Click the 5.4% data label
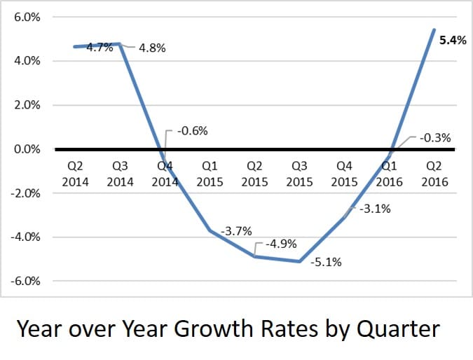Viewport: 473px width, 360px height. pyautogui.click(x=452, y=41)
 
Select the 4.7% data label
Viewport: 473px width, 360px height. pyautogui.click(x=100, y=48)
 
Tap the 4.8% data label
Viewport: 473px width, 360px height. pyautogui.click(x=153, y=50)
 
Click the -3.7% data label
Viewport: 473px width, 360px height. pyautogui.click(x=236, y=230)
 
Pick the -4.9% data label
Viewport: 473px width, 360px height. pyautogui.click(x=281, y=244)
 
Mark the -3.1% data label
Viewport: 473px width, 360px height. pyautogui.click(x=376, y=208)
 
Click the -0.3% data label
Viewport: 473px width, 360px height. pyautogui.click(x=434, y=138)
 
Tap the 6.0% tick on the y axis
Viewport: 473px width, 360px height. pyautogui.click(x=26, y=18)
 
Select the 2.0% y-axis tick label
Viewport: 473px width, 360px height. pyautogui.click(x=26, y=106)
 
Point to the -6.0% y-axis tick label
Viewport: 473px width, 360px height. pyautogui.click(x=24, y=282)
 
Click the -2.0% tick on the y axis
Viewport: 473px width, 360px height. pyautogui.click(x=24, y=193)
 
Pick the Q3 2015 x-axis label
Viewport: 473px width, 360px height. pyautogui.click(x=299, y=174)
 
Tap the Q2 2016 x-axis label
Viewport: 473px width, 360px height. pyautogui.click(x=434, y=174)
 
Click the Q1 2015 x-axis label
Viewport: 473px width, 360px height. pyautogui.click(x=210, y=174)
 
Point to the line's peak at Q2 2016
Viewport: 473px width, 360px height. pyautogui.click(x=434, y=30)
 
